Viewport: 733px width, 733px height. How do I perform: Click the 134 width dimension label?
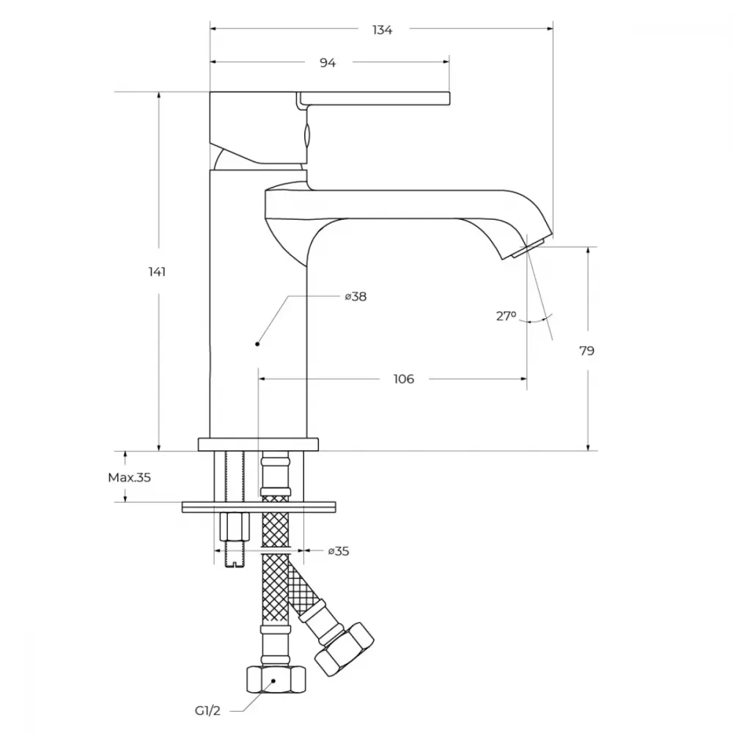point(382,30)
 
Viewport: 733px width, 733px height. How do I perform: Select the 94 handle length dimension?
point(328,62)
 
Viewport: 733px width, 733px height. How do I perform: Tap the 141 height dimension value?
point(157,272)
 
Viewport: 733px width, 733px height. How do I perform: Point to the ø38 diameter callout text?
point(356,296)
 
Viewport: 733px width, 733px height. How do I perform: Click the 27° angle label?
point(507,316)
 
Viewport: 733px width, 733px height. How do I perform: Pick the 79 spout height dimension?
point(586,350)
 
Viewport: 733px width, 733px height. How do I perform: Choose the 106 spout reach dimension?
point(404,379)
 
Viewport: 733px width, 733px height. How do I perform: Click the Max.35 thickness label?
point(130,477)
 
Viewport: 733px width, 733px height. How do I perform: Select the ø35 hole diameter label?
point(339,551)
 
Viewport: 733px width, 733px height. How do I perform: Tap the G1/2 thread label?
point(207,711)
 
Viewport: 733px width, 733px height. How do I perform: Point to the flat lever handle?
point(375,98)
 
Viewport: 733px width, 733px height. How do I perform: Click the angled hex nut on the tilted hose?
point(345,649)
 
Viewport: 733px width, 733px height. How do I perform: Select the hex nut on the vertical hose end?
point(276,679)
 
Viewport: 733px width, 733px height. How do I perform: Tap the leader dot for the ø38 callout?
point(257,344)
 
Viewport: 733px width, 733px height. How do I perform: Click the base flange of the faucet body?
point(258,445)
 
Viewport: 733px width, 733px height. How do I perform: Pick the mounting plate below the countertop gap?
point(259,507)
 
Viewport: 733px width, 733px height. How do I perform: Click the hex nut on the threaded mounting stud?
point(235,526)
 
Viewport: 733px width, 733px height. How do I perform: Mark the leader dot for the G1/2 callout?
point(273,681)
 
